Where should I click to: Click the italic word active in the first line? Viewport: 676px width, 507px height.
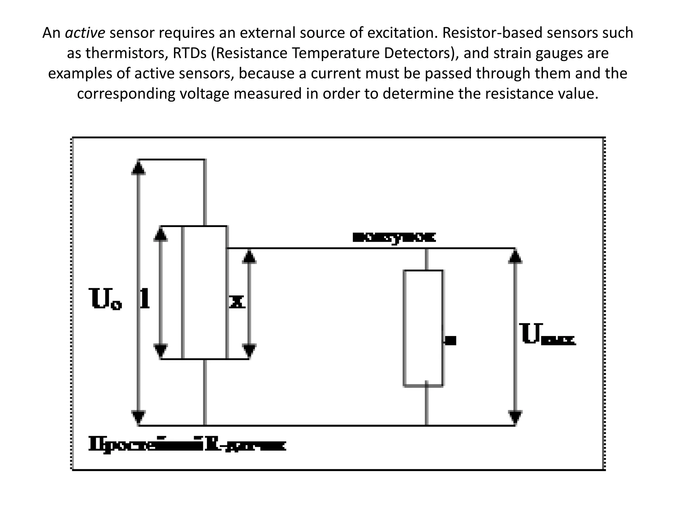click(x=85, y=33)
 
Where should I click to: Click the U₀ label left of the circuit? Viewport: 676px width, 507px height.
click(x=105, y=299)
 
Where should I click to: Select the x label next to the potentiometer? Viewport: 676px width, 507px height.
click(x=237, y=302)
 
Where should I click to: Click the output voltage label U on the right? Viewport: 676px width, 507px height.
click(x=548, y=335)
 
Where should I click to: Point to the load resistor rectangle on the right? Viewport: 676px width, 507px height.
click(x=423, y=328)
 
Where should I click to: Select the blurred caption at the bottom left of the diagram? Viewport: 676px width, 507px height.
click(x=187, y=444)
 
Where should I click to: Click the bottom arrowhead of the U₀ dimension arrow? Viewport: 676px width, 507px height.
click(x=138, y=418)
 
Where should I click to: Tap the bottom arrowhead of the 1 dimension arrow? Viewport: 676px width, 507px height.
click(x=161, y=351)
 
